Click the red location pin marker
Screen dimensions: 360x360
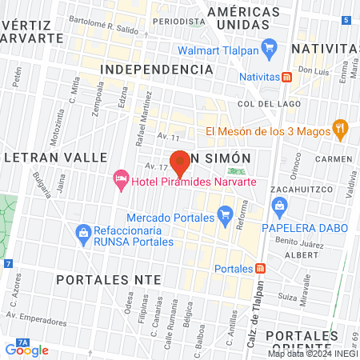point(180,163)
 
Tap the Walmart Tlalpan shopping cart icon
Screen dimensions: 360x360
point(270,47)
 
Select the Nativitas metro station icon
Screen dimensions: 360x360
point(286,78)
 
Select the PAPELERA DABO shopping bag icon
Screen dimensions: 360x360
point(280,209)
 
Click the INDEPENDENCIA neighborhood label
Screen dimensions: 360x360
point(156,70)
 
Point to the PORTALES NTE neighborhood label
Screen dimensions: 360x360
point(109,279)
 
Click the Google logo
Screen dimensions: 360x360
point(26,350)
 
